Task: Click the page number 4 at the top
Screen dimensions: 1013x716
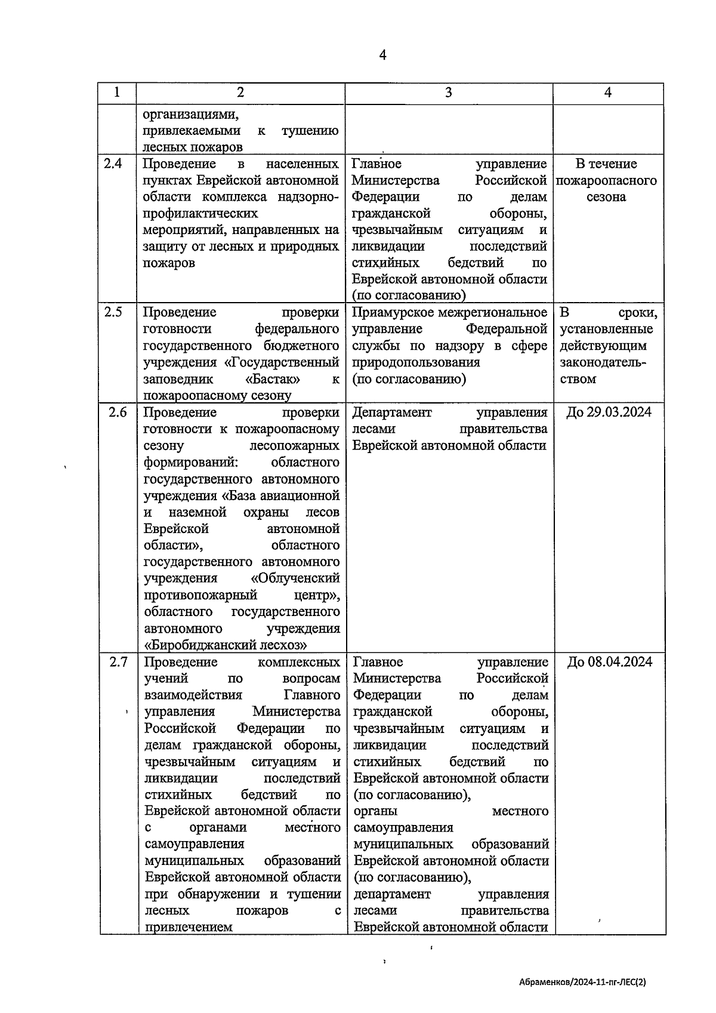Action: click(382, 55)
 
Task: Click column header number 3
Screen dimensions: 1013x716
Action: click(448, 93)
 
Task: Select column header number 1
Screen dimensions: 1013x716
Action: click(117, 93)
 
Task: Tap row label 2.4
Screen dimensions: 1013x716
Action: click(113, 164)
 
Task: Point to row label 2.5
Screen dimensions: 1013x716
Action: click(113, 312)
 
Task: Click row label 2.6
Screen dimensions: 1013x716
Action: click(117, 412)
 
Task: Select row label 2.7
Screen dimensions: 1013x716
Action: click(118, 662)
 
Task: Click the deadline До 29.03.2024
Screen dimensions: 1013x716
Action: click(608, 412)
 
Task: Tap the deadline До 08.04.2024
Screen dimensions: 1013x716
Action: click(609, 662)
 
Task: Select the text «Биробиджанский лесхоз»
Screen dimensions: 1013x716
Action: click(226, 645)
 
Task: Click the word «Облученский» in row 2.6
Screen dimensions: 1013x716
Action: click(295, 578)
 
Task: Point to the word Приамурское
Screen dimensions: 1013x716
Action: click(392, 312)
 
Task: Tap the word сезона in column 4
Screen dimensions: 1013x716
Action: click(606, 197)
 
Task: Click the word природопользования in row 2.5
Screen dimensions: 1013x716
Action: click(416, 362)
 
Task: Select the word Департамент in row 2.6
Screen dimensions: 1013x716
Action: click(392, 412)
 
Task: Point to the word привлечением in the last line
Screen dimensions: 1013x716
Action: click(189, 927)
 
